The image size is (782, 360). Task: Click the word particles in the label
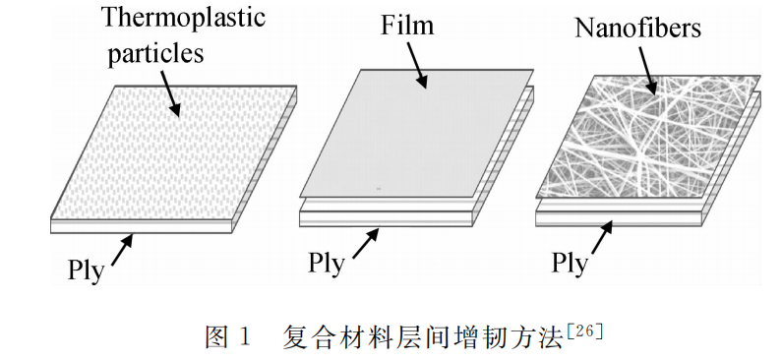pos(157,51)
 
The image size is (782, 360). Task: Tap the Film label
pos(407,25)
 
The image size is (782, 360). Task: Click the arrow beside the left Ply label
pos(122,249)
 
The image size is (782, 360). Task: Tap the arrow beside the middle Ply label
pos(365,243)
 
